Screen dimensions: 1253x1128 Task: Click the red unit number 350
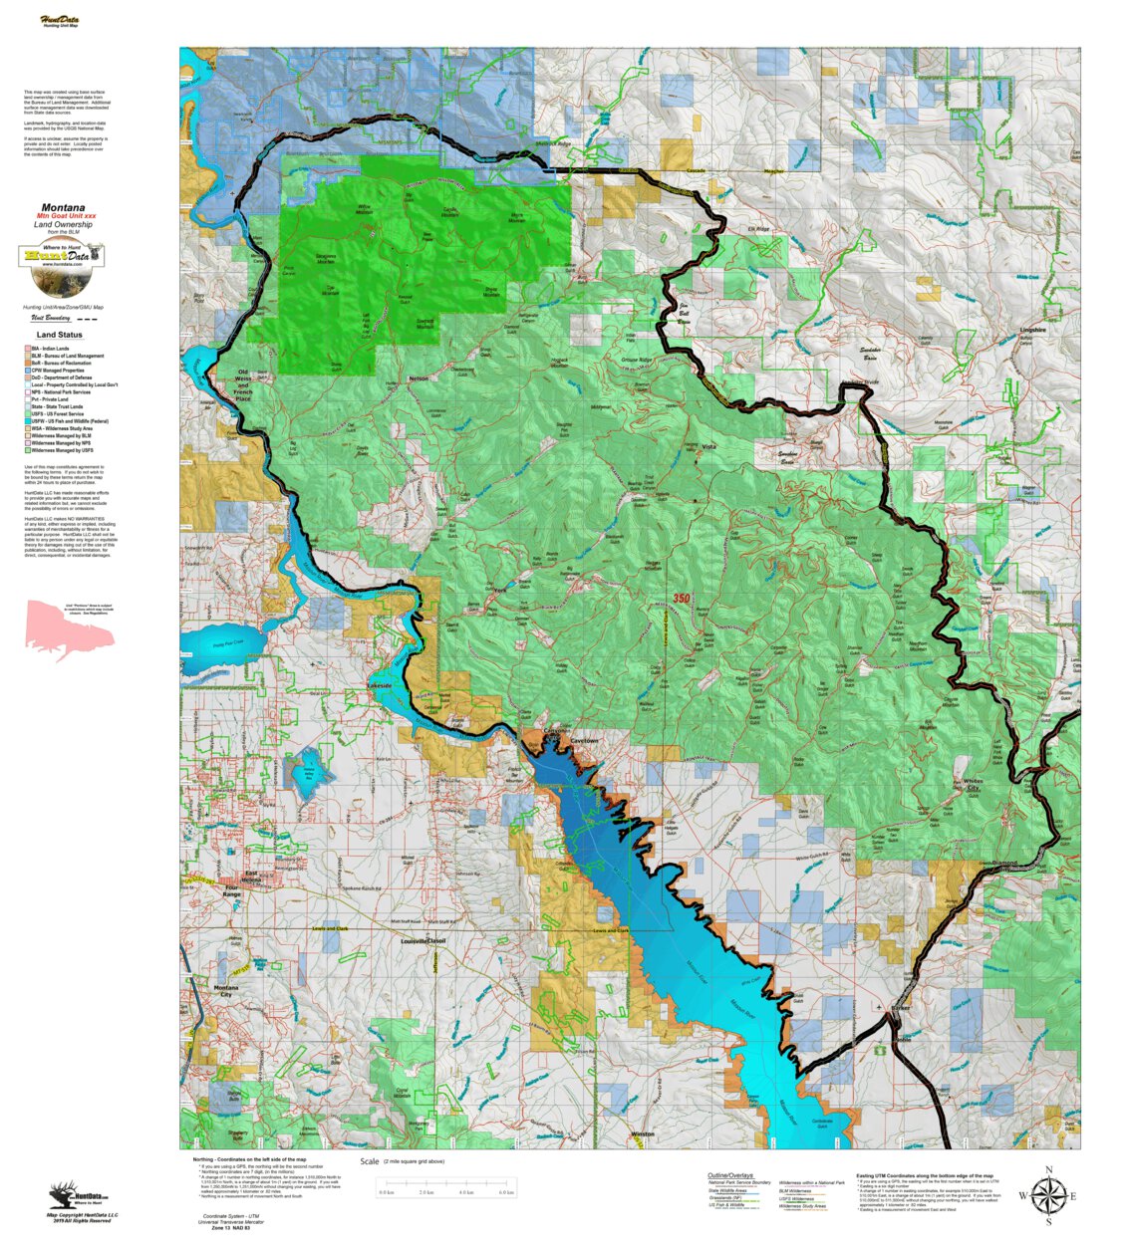coord(682,599)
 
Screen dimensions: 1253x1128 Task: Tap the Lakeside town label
coord(380,686)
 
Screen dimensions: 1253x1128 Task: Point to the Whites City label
coord(973,785)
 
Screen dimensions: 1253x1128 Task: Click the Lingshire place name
coord(1032,330)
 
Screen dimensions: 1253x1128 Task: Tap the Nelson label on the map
coord(419,378)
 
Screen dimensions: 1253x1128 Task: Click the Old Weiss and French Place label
coord(243,383)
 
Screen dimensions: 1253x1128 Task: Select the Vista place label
coord(708,447)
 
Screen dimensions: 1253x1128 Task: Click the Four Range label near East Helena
coord(232,890)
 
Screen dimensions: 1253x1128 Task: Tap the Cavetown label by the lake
coord(585,741)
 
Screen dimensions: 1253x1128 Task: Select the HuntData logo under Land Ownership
coord(62,256)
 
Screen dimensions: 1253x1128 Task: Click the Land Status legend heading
coord(60,335)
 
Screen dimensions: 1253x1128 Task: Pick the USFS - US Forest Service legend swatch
coord(28,414)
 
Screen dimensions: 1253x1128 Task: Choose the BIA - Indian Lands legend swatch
coord(28,349)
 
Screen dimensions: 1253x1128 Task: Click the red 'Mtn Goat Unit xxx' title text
coord(67,216)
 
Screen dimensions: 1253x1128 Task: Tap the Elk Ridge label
coord(759,229)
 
